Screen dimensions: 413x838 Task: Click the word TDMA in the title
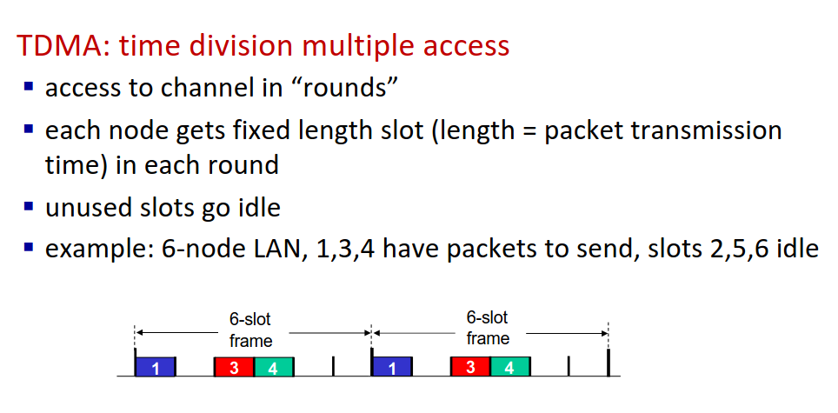click(x=58, y=46)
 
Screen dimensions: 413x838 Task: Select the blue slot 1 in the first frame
click(x=155, y=367)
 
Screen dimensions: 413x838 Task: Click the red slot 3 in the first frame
click(x=234, y=367)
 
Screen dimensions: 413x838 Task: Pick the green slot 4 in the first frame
click(x=273, y=367)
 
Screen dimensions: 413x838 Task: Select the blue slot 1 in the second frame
click(x=391, y=367)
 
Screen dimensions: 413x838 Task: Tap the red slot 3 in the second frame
click(x=470, y=367)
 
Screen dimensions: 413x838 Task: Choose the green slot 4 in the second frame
click(x=509, y=367)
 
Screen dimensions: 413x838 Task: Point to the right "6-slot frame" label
click(x=488, y=329)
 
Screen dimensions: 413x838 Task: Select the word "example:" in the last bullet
click(x=98, y=250)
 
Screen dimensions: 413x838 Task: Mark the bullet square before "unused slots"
click(x=29, y=207)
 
